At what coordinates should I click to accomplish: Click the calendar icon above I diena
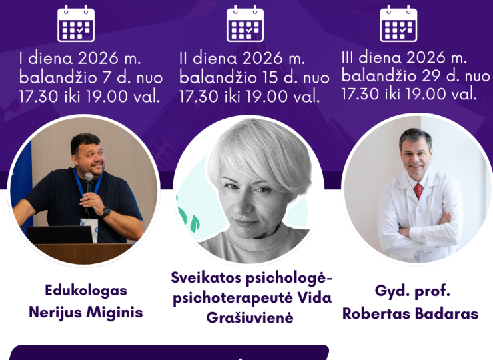coord(75,25)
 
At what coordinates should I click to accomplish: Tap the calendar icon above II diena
coord(245,25)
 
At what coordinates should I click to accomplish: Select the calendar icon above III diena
coord(398,25)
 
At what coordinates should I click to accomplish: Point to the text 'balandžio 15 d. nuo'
coord(254,77)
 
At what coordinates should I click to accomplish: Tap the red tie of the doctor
coord(418,191)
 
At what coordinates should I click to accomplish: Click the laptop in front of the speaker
coord(60,234)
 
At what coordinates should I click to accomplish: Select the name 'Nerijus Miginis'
coord(85,313)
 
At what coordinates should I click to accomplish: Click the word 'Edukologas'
coord(85,290)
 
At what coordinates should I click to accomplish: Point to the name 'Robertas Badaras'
coord(410,313)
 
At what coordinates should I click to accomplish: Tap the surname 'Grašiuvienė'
coord(252,318)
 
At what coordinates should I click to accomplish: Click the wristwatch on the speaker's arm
coord(105,212)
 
